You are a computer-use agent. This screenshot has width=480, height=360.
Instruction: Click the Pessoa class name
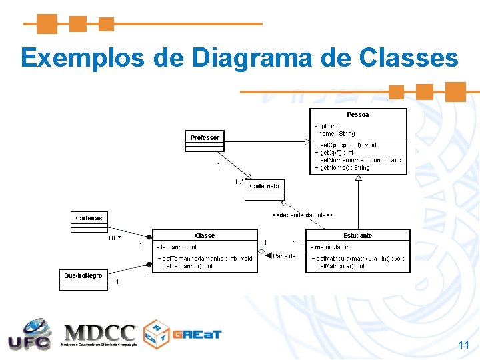(x=358, y=115)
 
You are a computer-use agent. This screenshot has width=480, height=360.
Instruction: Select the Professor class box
(x=205, y=141)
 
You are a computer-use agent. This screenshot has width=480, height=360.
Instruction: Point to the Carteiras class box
(x=89, y=221)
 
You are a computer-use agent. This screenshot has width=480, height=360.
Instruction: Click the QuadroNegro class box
(x=83, y=279)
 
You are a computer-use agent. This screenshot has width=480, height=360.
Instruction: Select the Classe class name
(x=205, y=235)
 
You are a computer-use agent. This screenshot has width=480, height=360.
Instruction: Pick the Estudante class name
(x=358, y=235)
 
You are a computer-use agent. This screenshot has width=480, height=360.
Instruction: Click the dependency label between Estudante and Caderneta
(x=303, y=215)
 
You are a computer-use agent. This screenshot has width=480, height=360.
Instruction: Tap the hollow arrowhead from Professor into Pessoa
(x=307, y=141)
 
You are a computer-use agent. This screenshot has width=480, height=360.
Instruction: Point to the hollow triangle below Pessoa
(x=359, y=178)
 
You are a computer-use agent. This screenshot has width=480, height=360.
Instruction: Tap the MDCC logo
(x=100, y=335)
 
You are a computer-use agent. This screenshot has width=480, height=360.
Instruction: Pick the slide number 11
(x=463, y=345)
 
